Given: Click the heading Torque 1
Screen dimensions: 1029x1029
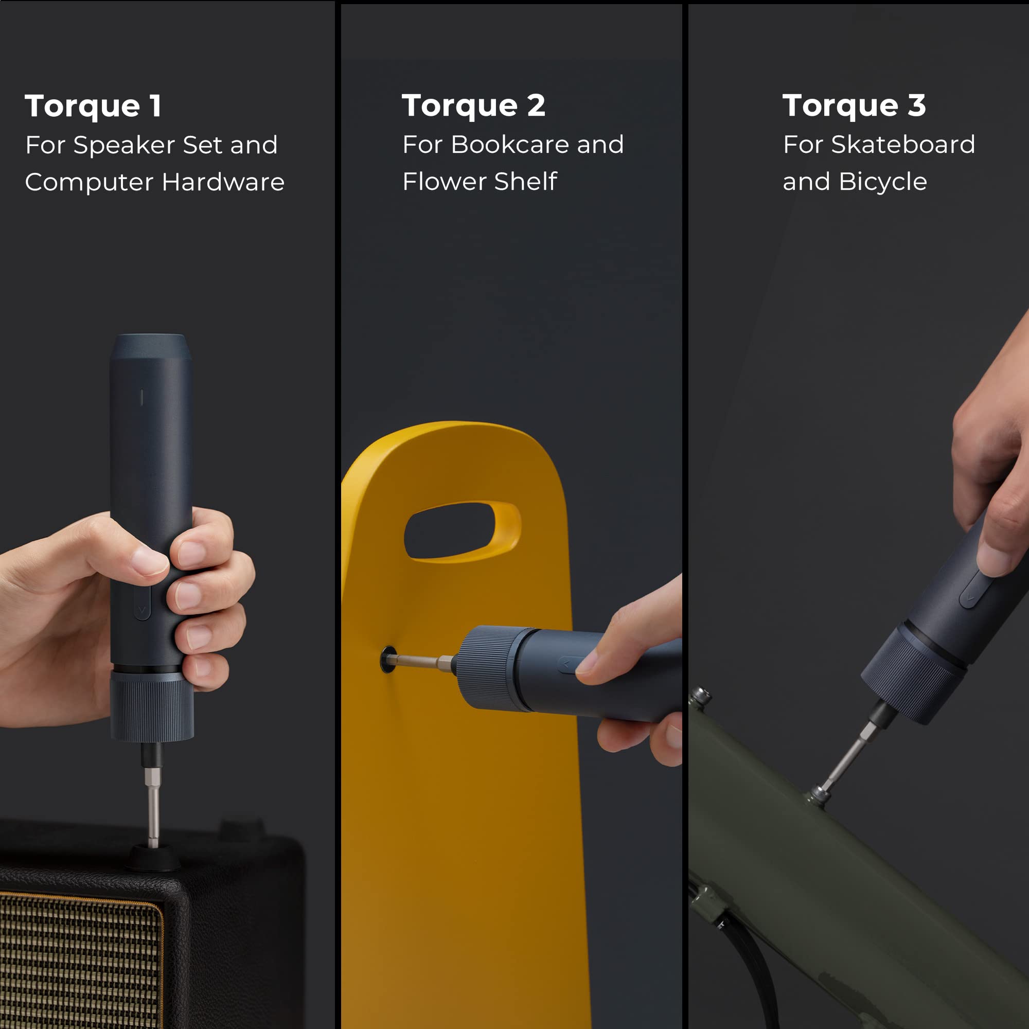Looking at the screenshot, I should point(93,106).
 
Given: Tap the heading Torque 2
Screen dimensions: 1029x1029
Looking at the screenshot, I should point(473,105).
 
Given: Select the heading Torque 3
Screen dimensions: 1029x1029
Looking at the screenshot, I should point(854,105).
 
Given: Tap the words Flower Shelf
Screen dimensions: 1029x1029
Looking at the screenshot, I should point(480,182).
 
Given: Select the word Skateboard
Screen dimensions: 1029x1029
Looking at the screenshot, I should point(903,145).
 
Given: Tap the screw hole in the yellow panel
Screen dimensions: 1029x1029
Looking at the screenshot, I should point(388,660).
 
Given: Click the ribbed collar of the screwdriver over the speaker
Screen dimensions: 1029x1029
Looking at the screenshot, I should point(152,707).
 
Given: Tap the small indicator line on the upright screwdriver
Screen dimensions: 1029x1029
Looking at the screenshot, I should point(141,397).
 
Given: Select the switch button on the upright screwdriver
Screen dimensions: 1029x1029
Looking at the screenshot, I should point(142,602).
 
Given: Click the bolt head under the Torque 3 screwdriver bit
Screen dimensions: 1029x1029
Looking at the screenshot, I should point(819,795).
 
